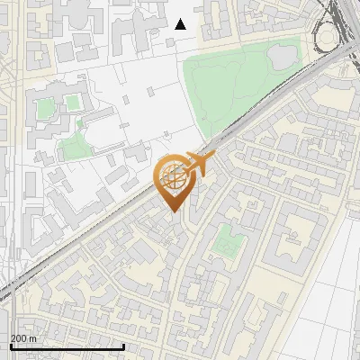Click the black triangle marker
pos(181,24)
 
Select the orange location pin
pos(174,182)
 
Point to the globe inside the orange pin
pos(173,176)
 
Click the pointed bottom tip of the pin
pos(174,212)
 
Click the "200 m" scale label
pos(24,338)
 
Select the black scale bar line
pos(67,346)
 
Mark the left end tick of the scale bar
pos(10,346)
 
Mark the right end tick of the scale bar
pos(123,346)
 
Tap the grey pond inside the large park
pos(280,56)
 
